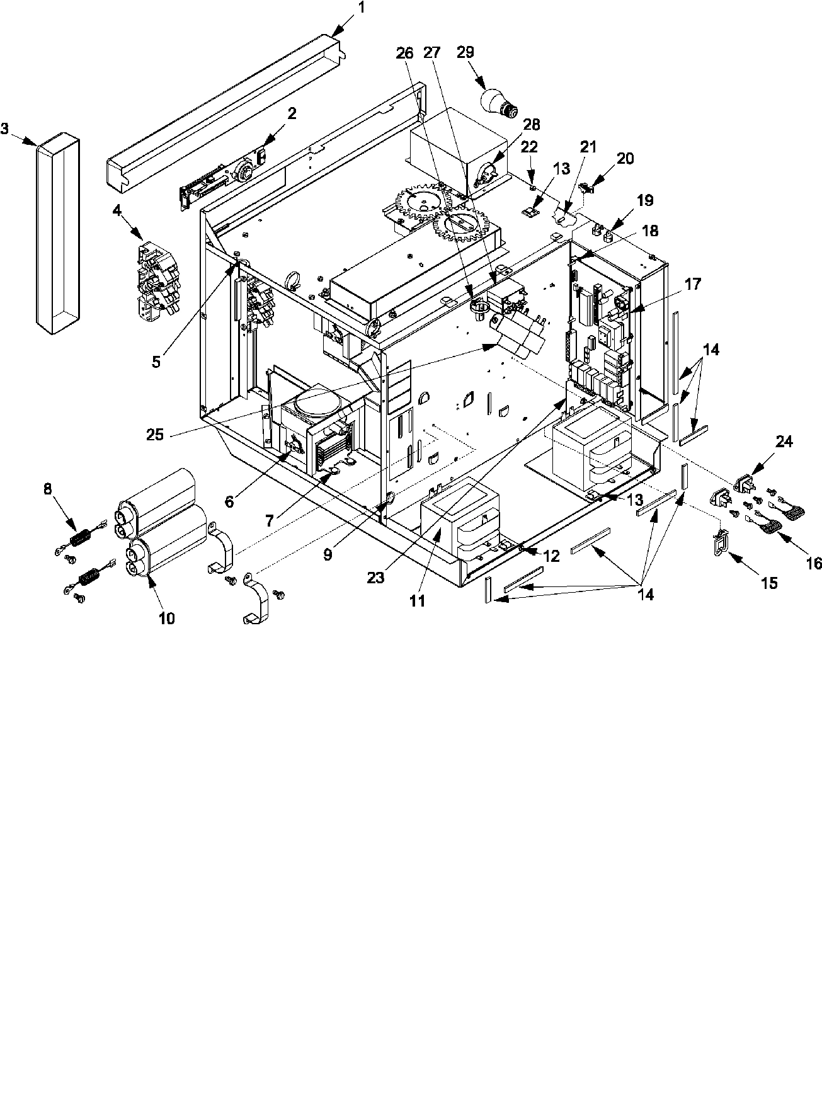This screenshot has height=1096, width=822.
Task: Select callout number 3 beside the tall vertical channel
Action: [x=5, y=129]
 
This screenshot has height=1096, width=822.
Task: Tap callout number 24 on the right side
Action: [x=784, y=442]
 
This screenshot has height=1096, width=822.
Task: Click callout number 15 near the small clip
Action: [x=769, y=583]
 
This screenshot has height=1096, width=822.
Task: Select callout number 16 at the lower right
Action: [x=813, y=564]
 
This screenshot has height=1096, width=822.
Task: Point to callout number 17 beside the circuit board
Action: [x=693, y=284]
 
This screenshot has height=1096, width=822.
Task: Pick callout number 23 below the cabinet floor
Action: [x=376, y=578]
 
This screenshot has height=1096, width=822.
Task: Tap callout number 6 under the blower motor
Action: [x=229, y=501]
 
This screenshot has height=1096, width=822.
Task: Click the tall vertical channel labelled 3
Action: [x=57, y=233]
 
